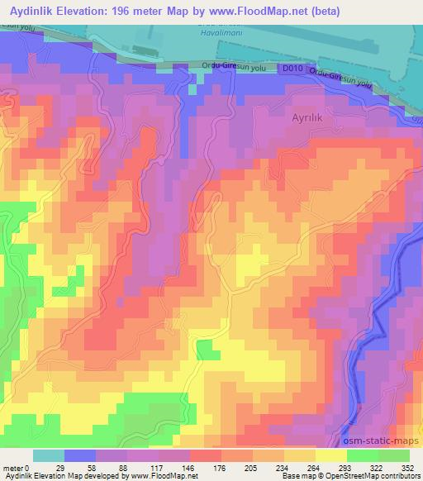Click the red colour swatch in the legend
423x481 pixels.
click(206, 455)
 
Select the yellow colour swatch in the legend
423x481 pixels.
click(331, 455)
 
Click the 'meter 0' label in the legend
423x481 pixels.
click(17, 467)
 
